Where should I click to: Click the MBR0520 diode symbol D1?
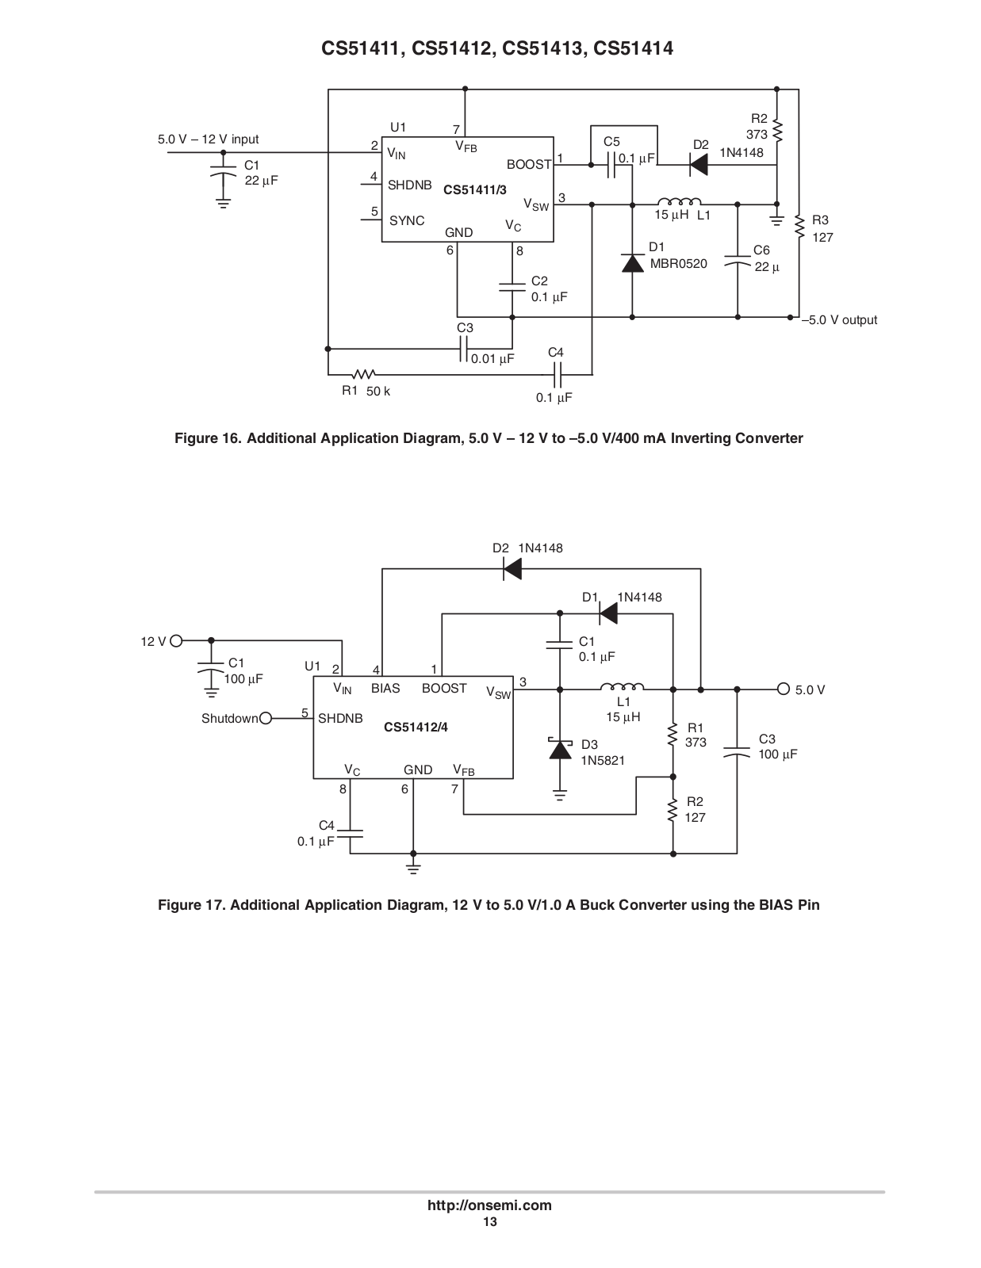pos(632,264)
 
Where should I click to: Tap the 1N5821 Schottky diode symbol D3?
pos(560,749)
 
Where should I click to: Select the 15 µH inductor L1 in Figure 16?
pos(679,201)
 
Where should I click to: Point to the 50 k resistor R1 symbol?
pos(364,374)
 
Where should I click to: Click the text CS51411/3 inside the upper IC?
pos(475,190)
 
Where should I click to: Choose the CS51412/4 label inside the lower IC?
pos(416,727)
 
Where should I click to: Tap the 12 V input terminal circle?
pos(176,640)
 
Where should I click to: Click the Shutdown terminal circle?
pos(265,718)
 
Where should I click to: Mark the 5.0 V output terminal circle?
pos(784,689)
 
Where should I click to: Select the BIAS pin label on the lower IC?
pos(385,689)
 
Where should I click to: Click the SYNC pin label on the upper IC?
pos(407,220)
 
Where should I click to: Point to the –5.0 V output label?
pos(840,319)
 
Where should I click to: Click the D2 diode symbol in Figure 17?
pos(512,569)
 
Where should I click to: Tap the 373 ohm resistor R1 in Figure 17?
pos(673,735)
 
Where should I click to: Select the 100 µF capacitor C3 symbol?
pos(737,751)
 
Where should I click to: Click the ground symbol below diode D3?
pos(560,796)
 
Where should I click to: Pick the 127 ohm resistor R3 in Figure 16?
pos(799,227)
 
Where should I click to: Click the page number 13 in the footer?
pos(490,1222)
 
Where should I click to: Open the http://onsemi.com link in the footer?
pos(489,1205)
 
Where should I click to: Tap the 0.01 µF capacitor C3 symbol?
pos(464,349)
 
